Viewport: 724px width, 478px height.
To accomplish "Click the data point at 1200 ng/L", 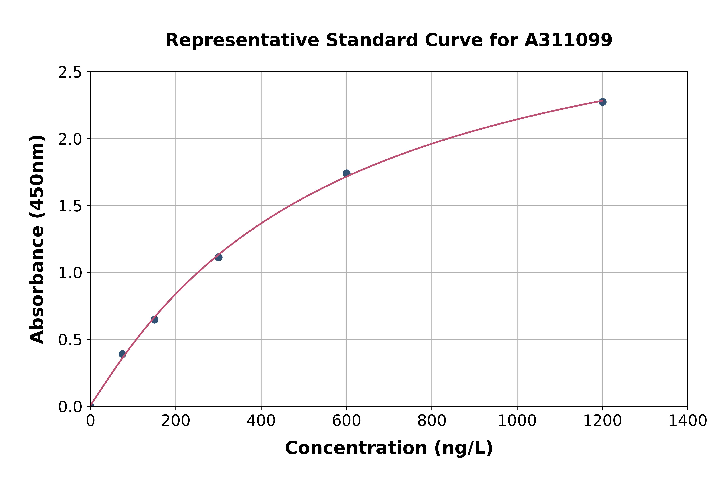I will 602,102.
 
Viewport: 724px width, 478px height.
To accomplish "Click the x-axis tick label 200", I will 176,421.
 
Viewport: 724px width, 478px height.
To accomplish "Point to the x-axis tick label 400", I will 261,421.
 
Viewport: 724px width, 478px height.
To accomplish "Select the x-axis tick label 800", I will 432,421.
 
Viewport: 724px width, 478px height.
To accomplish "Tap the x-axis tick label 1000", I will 517,421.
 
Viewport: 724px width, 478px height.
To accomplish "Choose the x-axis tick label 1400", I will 687,421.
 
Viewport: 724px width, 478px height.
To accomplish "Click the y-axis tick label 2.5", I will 70,73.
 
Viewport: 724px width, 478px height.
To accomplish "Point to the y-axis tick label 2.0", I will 70,139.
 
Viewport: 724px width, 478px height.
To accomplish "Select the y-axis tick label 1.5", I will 70,206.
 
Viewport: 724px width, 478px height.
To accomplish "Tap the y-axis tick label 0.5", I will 70,340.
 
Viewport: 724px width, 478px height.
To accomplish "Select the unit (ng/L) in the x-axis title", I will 463,448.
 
